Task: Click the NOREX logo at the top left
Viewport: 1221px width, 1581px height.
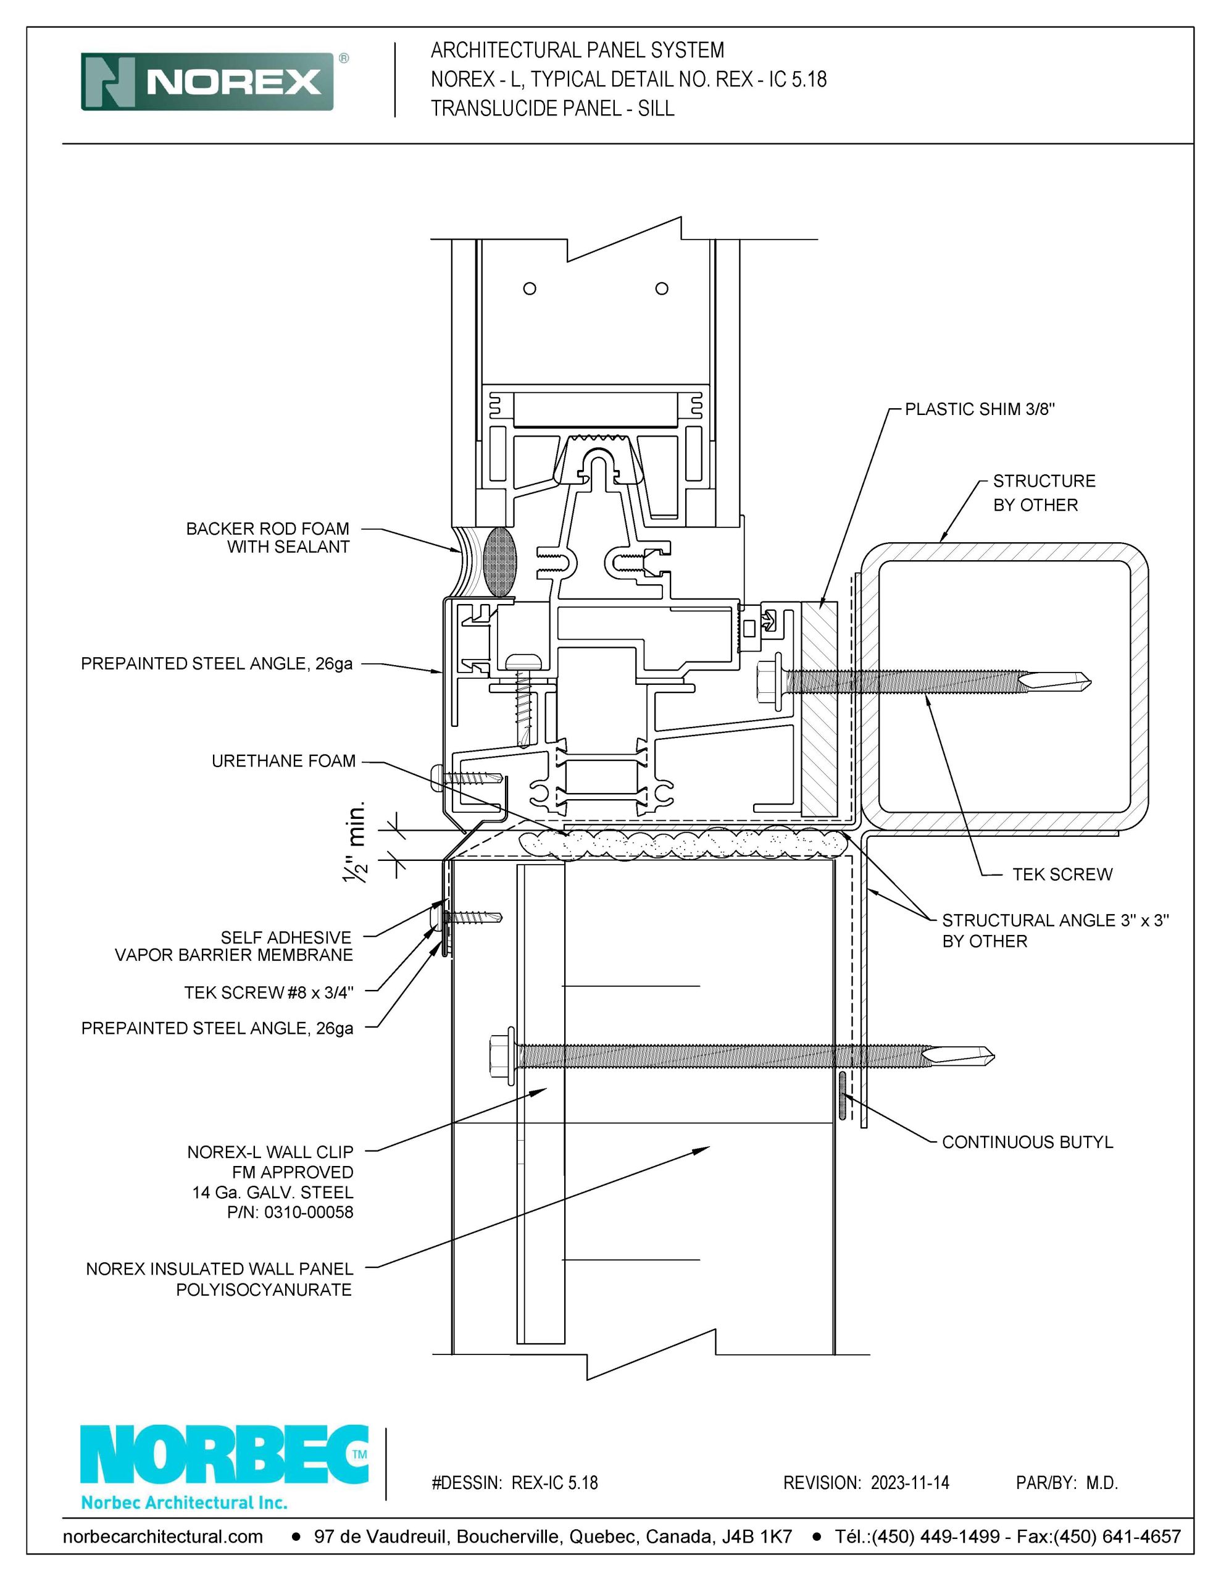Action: click(x=208, y=81)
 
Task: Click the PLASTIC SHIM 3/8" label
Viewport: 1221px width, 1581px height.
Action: click(x=980, y=409)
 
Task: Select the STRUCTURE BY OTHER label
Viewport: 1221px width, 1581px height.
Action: click(x=1044, y=493)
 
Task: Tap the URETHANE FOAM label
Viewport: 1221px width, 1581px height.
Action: click(x=284, y=761)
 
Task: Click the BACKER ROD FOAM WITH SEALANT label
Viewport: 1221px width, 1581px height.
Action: click(x=268, y=538)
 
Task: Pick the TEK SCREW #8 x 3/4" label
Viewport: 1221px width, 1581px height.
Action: click(x=269, y=992)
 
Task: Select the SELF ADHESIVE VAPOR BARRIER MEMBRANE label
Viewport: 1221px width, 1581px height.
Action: click(x=234, y=946)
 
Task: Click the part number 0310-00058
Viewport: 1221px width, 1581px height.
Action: click(x=309, y=1212)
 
